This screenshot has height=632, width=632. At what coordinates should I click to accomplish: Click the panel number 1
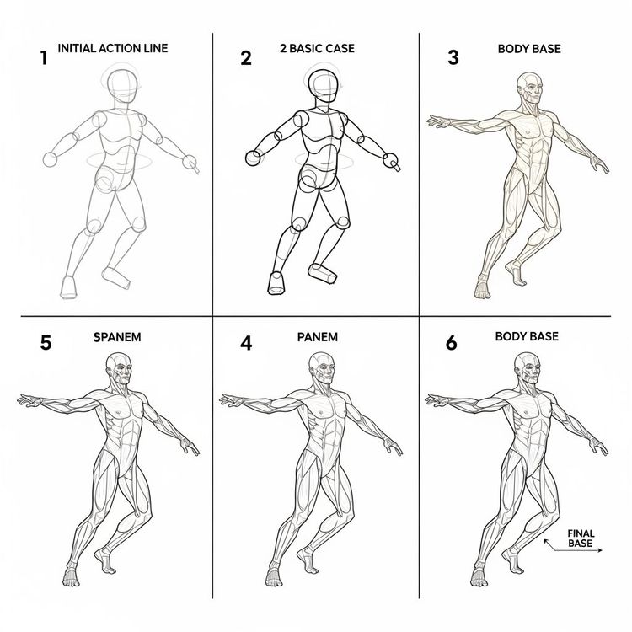[42, 58]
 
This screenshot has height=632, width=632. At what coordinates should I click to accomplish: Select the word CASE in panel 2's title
[337, 49]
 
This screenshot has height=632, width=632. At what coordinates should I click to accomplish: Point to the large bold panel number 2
[245, 58]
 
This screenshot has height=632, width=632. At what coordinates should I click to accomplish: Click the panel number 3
[453, 57]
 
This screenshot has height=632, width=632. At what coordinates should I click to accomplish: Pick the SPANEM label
[116, 337]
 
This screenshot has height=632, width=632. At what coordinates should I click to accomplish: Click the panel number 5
[46, 343]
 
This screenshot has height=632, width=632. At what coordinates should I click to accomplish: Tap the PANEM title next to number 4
[318, 337]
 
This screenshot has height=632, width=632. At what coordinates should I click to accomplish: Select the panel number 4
[245, 343]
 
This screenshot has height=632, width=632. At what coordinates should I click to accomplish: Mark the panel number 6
[452, 343]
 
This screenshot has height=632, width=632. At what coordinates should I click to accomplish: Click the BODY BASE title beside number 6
[527, 336]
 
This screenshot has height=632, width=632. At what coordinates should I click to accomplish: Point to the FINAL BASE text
[581, 538]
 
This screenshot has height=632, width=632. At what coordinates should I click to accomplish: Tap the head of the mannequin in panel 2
[324, 84]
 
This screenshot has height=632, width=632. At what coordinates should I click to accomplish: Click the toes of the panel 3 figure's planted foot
[482, 292]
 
